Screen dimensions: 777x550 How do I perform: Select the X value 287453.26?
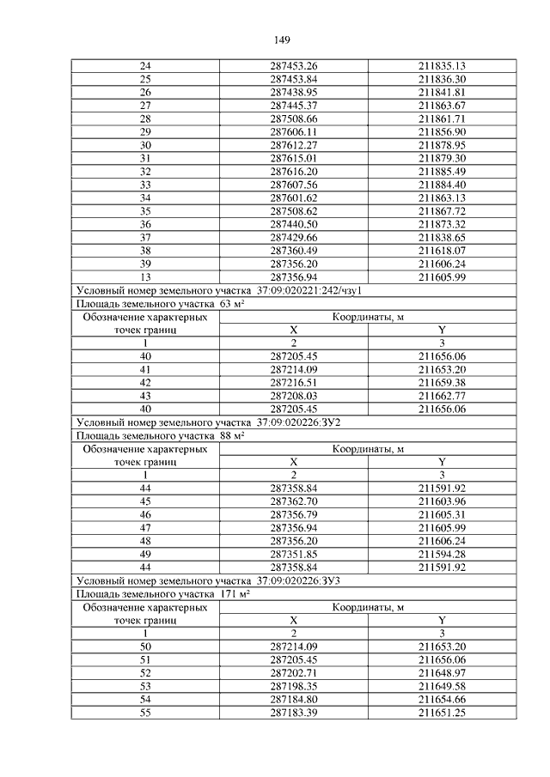pyautogui.click(x=294, y=66)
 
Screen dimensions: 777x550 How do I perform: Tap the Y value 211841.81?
pyautogui.click(x=442, y=92)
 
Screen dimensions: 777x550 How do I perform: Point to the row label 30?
pyautogui.click(x=144, y=145)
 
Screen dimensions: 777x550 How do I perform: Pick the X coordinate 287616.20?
pyautogui.click(x=294, y=172)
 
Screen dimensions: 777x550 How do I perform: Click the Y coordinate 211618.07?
pyautogui.click(x=442, y=251)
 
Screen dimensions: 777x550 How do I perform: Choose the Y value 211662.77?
pyautogui.click(x=442, y=396)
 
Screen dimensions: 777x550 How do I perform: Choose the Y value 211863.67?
pyautogui.click(x=442, y=106)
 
